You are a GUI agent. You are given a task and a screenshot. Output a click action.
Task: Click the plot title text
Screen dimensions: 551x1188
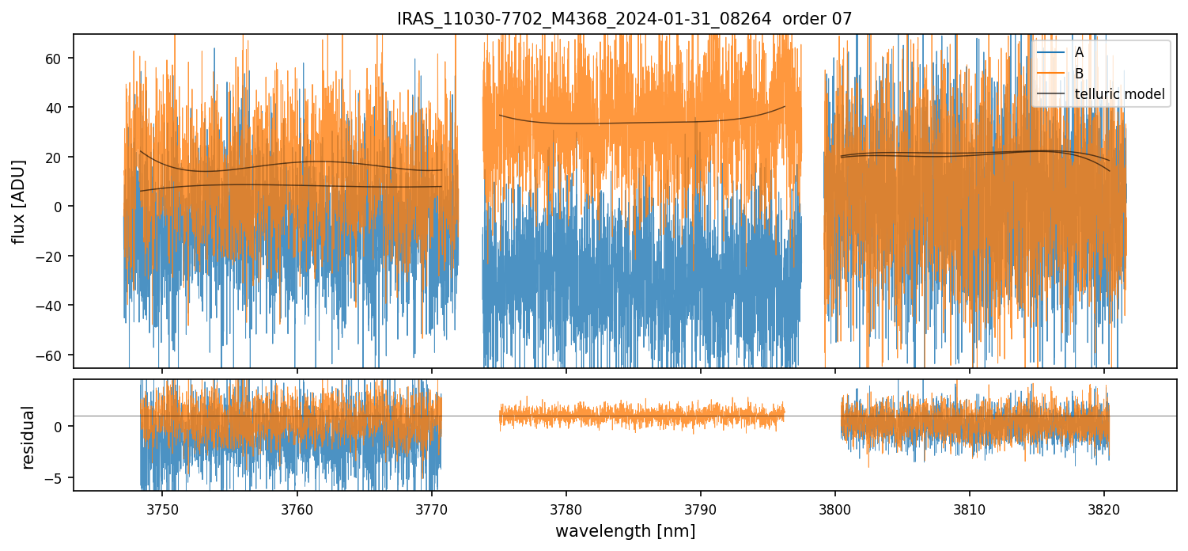(x=624, y=19)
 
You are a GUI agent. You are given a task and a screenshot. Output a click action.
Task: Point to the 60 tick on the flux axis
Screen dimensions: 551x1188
(x=57, y=59)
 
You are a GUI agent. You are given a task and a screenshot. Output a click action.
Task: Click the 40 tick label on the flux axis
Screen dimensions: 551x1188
(x=57, y=108)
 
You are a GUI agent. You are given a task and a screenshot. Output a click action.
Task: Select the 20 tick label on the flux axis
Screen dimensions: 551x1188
(x=57, y=157)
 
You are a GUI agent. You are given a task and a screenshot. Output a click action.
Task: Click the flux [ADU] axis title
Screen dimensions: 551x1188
(x=18, y=201)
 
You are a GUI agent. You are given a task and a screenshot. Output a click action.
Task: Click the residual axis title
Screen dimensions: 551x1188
(x=28, y=437)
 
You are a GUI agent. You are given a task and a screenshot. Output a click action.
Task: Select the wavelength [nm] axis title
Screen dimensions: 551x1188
(x=625, y=531)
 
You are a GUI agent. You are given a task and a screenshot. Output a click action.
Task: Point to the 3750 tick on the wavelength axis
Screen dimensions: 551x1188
(x=162, y=508)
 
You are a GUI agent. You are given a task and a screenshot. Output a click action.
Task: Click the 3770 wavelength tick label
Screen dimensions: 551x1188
(x=431, y=508)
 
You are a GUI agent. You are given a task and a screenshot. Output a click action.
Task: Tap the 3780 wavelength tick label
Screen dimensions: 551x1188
(x=566, y=508)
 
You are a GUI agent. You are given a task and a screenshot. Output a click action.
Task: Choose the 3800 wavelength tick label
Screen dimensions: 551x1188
(x=835, y=508)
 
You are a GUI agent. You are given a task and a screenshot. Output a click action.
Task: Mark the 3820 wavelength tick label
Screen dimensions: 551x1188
(x=1104, y=508)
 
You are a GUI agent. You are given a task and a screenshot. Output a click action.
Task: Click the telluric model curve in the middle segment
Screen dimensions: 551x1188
(x=633, y=123)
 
